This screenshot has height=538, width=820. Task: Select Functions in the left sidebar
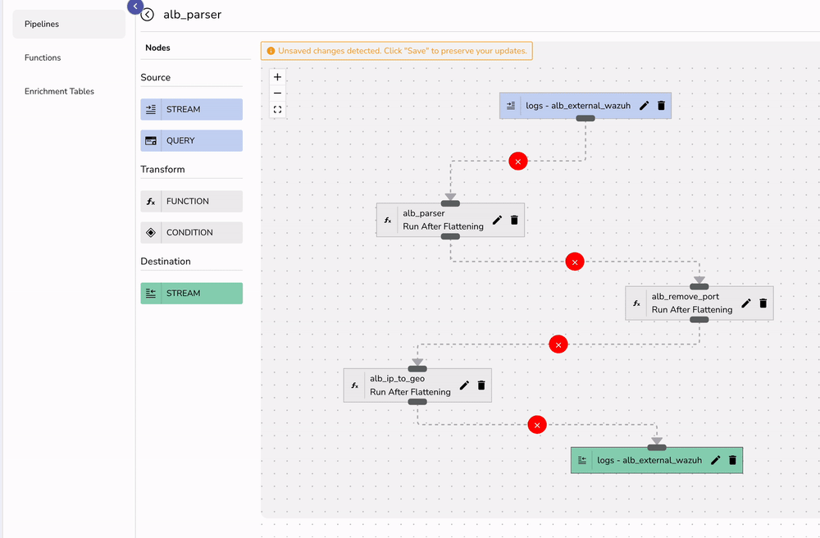[43, 58]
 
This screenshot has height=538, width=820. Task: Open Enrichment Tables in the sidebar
[59, 92]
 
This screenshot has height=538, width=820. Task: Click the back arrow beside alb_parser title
[148, 15]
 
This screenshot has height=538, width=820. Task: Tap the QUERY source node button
[192, 141]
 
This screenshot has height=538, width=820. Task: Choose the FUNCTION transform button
[192, 202]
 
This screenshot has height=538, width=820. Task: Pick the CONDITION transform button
[192, 233]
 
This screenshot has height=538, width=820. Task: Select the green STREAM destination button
[192, 294]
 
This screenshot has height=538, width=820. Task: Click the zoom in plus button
[278, 77]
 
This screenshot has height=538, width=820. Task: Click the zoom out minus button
[278, 93]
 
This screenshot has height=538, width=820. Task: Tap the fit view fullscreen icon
[278, 109]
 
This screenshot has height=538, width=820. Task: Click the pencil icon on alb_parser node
[497, 220]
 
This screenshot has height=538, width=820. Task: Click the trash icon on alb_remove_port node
[763, 303]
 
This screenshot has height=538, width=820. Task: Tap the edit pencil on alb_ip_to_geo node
[464, 385]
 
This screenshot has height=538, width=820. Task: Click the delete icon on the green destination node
[733, 461]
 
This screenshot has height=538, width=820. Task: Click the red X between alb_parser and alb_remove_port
[575, 262]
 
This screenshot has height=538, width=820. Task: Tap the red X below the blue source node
[517, 162]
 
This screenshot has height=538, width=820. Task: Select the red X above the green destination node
[537, 425]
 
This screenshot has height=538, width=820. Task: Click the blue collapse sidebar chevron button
[135, 7]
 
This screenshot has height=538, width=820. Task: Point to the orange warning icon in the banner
[271, 51]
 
